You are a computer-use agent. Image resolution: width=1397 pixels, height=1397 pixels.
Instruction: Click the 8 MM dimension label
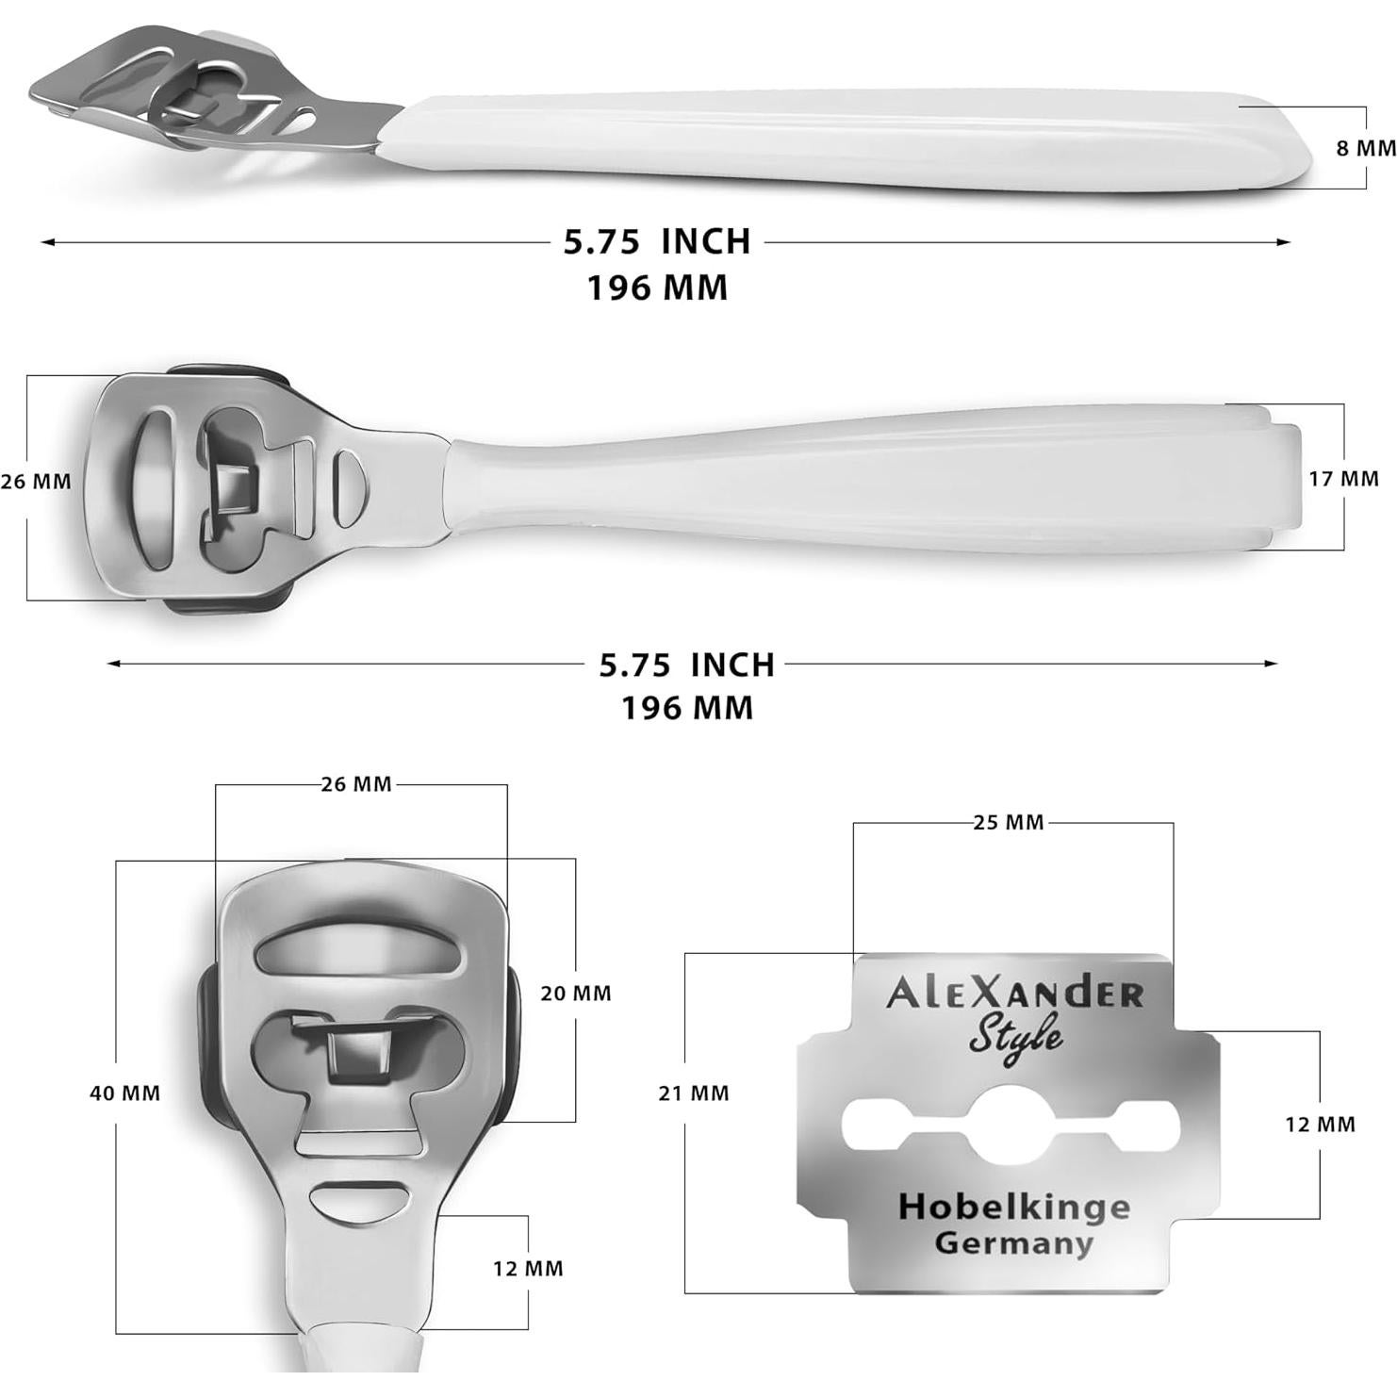click(1365, 148)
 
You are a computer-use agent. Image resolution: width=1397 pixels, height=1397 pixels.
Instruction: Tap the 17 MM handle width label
click(1343, 479)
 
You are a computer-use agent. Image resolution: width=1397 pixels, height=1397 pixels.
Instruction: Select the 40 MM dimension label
click(124, 1093)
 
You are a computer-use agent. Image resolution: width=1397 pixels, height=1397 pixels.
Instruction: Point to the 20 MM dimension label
click(575, 994)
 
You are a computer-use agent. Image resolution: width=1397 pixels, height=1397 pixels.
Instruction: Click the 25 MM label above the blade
click(1009, 823)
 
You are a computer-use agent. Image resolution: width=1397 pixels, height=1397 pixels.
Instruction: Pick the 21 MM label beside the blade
click(694, 1093)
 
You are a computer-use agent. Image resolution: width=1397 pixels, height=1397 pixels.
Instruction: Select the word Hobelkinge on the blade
click(1013, 1207)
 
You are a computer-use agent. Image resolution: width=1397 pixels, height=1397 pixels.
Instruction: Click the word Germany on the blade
click(1013, 1243)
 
